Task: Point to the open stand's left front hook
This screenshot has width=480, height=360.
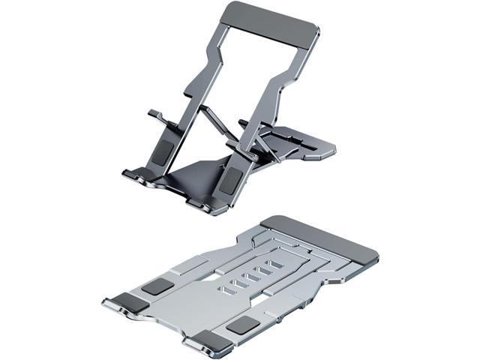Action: (132, 177)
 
